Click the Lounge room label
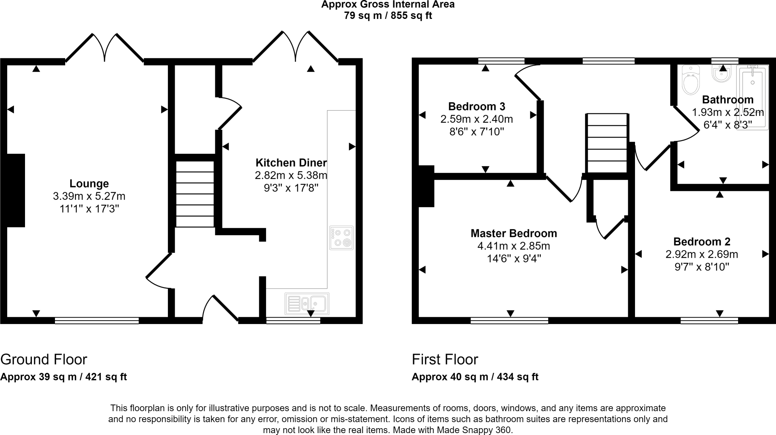89,184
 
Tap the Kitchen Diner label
291,163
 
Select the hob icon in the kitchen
341,238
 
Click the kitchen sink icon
307,303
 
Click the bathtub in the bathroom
752,97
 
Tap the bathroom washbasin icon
723,74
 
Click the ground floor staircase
195,194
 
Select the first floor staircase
607,143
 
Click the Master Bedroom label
513,233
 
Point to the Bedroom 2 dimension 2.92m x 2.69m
702,254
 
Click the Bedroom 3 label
476,106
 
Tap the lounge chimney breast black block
16,190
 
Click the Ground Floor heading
44,359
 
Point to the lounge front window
97,321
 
